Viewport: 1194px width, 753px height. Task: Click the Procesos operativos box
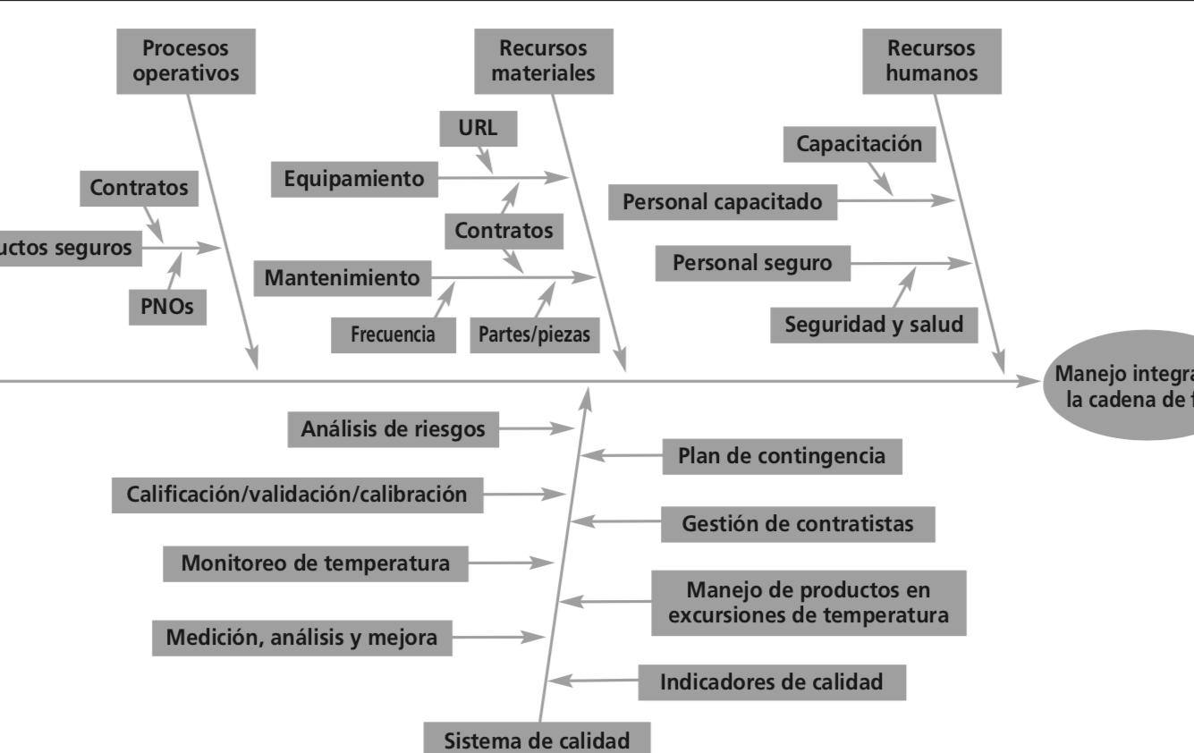[186, 61]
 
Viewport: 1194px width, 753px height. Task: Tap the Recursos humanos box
[932, 61]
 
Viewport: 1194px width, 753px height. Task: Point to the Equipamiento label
[354, 179]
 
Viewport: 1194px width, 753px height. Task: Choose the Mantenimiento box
[342, 278]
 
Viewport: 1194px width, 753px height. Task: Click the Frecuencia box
[393, 335]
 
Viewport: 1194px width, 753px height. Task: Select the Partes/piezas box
[534, 335]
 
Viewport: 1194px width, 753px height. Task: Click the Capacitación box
[859, 144]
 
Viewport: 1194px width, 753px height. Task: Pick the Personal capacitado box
[722, 201]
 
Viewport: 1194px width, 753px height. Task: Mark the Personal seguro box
[752, 263]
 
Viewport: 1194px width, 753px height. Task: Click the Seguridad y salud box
[874, 325]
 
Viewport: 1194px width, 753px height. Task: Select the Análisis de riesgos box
[394, 429]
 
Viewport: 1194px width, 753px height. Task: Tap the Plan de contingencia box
[782, 456]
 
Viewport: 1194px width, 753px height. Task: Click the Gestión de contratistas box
[798, 524]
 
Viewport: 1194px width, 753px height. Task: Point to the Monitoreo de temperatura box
[315, 563]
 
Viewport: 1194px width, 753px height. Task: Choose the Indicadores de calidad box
[771, 682]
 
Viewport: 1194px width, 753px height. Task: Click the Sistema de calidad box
[538, 739]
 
